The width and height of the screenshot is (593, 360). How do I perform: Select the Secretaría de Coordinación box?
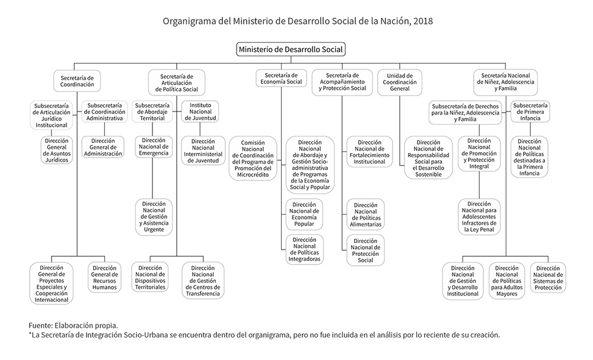click(x=77, y=81)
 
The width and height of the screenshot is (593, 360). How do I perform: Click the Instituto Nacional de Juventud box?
click(x=200, y=111)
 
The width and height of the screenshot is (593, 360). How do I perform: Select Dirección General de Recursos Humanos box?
click(x=104, y=277)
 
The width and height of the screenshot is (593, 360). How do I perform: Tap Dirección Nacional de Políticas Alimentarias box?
click(x=365, y=215)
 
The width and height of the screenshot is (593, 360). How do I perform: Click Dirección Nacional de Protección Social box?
click(x=365, y=250)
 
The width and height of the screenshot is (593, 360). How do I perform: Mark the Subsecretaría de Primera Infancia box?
click(x=530, y=111)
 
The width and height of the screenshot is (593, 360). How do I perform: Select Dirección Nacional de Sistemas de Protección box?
click(x=547, y=277)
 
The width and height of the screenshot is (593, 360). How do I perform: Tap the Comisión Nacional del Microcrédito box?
click(x=253, y=158)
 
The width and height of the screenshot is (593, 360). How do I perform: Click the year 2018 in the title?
click(x=424, y=21)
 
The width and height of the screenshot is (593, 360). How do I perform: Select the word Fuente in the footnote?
click(x=40, y=325)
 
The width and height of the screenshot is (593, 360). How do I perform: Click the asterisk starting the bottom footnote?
click(x=30, y=334)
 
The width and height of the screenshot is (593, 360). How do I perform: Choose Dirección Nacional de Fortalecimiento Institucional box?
click(x=366, y=151)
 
